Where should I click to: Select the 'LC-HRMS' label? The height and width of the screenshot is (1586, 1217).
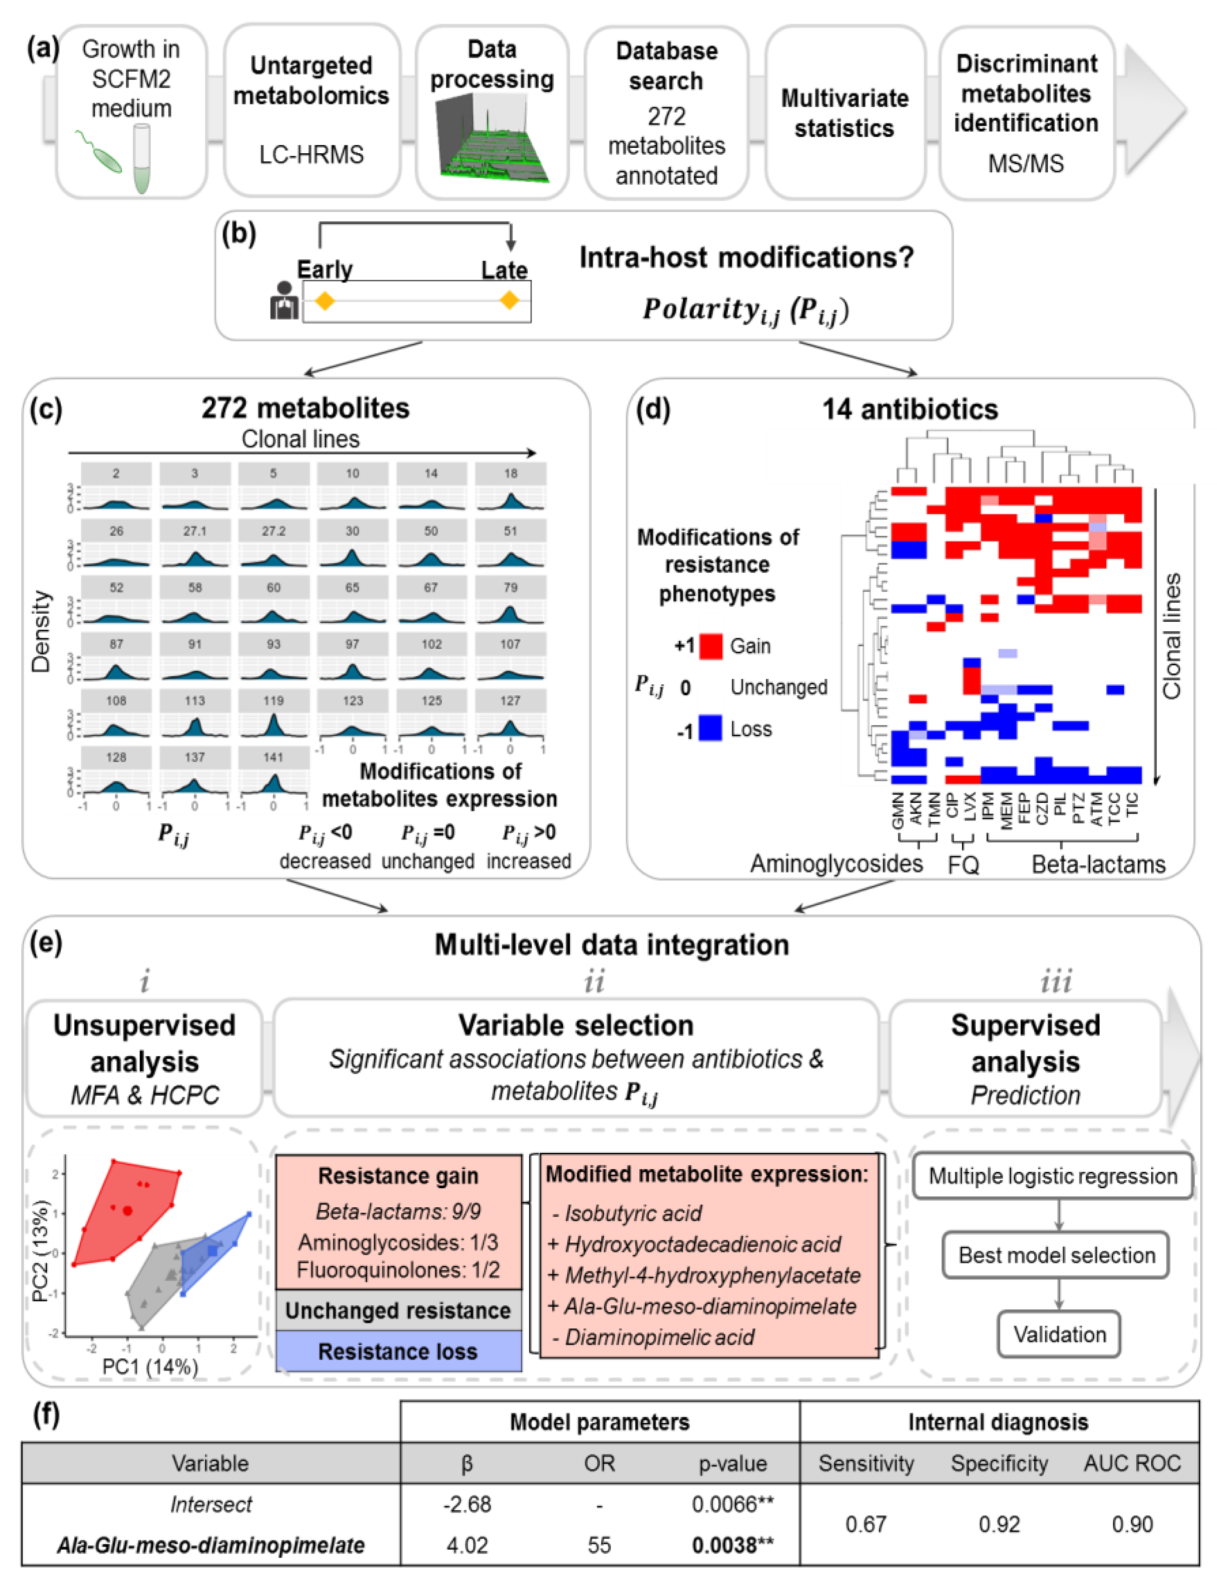[x=312, y=154]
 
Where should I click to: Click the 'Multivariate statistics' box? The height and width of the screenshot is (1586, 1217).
[x=845, y=113]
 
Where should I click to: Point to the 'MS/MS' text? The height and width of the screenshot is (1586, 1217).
[x=1026, y=164]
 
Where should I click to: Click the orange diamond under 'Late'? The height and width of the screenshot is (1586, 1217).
[x=510, y=300]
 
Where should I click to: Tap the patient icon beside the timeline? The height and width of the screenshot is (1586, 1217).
[x=283, y=301]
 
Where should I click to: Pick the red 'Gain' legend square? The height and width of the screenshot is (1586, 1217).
[x=711, y=645]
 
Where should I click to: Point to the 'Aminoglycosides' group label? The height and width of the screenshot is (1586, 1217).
[x=836, y=864]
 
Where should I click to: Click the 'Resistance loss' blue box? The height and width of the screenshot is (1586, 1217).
[x=399, y=1351]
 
